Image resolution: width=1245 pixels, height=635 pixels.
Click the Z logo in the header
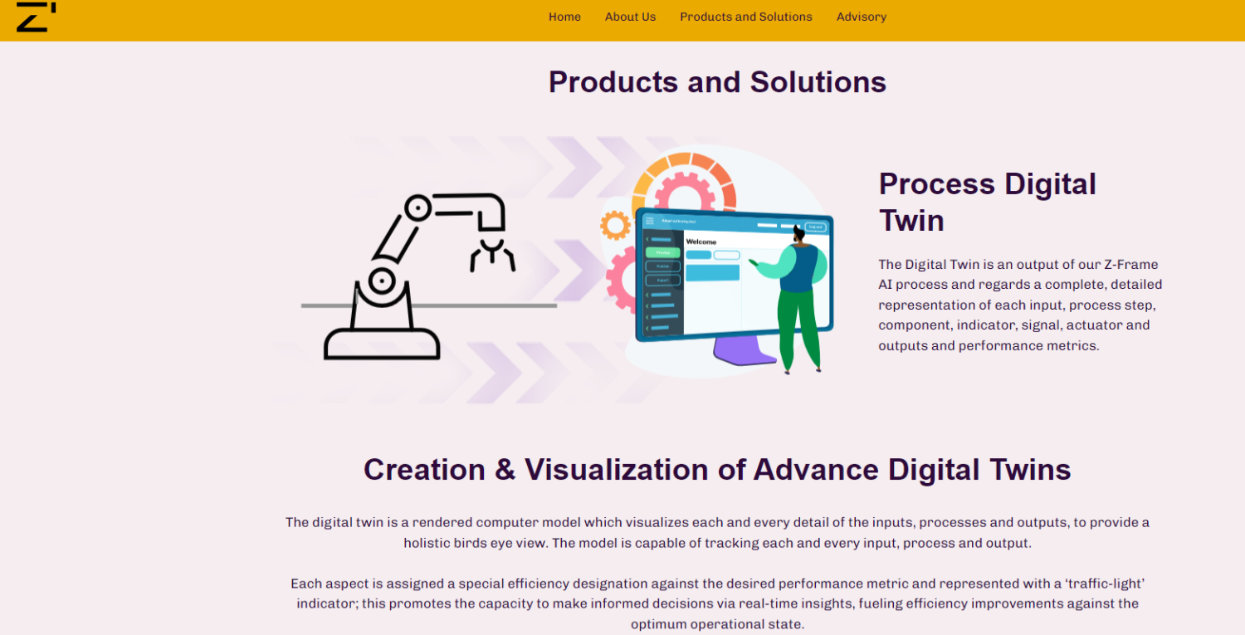tap(36, 17)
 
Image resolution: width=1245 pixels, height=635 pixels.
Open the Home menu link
tap(564, 17)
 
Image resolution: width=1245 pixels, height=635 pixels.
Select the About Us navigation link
tap(630, 17)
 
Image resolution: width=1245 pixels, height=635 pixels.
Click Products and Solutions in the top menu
tap(745, 17)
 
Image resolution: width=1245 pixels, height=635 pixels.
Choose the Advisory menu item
tap(861, 17)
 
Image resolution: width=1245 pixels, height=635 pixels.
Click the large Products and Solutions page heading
tap(717, 82)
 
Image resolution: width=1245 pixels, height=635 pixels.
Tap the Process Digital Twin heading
tap(987, 202)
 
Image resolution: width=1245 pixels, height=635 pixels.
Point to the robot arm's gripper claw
tap(492, 253)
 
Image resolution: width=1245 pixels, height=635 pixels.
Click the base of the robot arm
tap(382, 342)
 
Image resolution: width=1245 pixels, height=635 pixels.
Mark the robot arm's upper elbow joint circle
tap(417, 208)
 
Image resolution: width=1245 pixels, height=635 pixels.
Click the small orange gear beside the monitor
tap(615, 225)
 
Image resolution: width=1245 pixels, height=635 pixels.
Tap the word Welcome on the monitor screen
tap(701, 242)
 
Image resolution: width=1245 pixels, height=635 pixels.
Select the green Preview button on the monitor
tap(662, 252)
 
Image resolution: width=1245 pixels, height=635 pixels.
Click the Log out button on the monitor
tap(815, 227)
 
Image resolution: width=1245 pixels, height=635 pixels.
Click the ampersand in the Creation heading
tap(505, 470)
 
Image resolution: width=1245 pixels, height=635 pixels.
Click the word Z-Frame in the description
tap(1130, 264)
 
